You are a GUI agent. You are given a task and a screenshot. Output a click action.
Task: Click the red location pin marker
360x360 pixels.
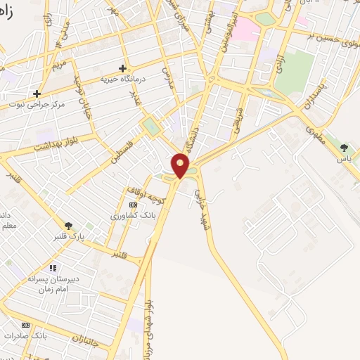click(181, 166)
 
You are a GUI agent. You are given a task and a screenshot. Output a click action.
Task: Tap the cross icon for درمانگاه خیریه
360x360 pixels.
click(123, 68)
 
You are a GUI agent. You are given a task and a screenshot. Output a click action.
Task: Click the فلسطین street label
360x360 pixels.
click(125, 148)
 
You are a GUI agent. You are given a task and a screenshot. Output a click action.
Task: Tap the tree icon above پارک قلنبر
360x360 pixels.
click(68, 225)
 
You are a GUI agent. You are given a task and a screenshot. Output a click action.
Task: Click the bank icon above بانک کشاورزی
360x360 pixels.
click(132, 205)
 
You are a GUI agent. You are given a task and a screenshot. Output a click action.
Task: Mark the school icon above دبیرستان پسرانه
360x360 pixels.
click(52, 268)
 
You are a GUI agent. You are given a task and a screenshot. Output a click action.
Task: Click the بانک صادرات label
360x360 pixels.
click(25, 335)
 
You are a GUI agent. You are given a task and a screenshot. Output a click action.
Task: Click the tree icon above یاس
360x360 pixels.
click(343, 148)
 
